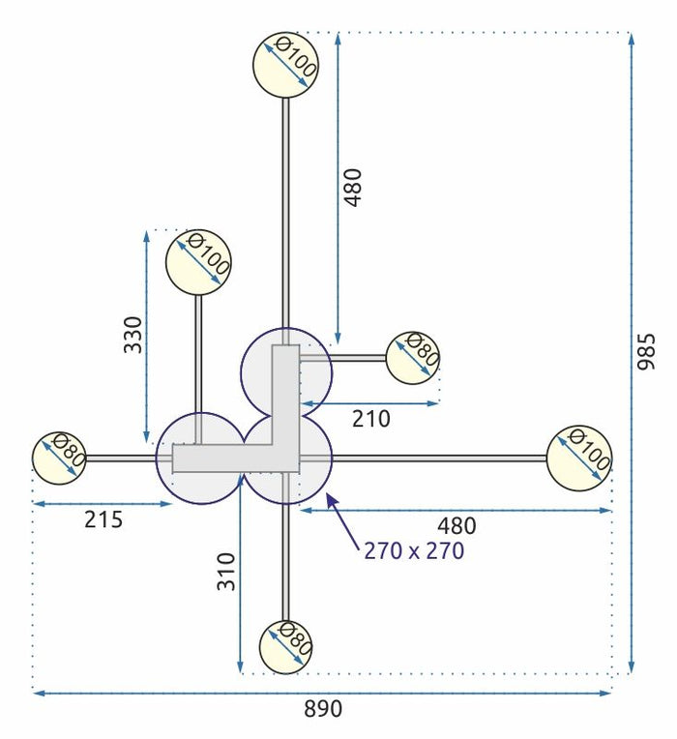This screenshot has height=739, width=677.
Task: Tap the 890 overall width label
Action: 323,709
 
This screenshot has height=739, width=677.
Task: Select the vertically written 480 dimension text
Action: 353,187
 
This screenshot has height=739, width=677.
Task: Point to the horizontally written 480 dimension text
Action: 456,526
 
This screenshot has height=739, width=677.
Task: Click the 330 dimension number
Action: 132,334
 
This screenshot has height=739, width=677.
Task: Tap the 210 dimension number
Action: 371,419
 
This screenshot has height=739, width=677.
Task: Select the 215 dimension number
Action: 103,519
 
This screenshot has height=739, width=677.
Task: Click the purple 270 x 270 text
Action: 414,551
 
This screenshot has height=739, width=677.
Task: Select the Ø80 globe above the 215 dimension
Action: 60,458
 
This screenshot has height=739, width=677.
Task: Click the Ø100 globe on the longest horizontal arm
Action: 579,458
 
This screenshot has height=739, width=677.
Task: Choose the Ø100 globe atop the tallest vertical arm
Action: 285,64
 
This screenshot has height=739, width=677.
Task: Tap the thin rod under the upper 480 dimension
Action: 285,213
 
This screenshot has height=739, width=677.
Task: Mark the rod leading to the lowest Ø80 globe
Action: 285,561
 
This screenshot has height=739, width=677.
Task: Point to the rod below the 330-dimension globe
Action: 199,353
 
